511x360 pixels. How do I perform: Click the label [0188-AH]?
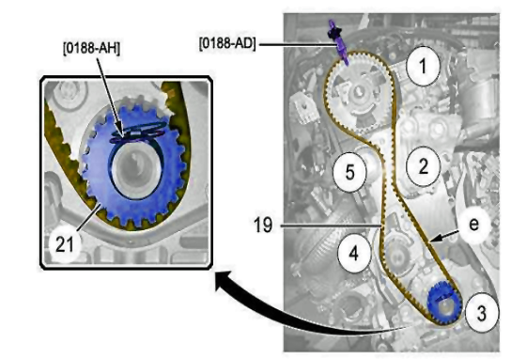[91, 49]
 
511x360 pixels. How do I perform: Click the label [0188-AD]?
[227, 43]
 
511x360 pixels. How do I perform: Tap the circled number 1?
[423, 66]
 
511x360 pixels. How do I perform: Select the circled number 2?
[423, 166]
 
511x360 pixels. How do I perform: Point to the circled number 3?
[481, 312]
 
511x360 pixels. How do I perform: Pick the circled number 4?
[354, 254]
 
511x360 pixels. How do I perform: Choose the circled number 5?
[349, 172]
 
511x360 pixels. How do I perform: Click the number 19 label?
[263, 225]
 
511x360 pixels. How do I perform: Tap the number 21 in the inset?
[65, 244]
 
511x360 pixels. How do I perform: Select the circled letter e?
[473, 225]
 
